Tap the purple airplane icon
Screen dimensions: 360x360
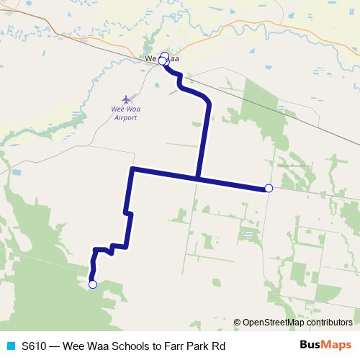127,99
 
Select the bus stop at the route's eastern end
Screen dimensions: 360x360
269,188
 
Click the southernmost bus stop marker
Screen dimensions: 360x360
92,284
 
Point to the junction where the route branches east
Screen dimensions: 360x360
197,178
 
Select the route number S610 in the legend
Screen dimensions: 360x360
35,346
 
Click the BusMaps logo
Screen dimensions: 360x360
326,346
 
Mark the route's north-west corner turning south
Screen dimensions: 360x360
132,169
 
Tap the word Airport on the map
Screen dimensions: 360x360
125,118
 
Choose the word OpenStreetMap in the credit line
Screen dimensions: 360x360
271,323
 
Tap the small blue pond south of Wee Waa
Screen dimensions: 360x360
157,84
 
